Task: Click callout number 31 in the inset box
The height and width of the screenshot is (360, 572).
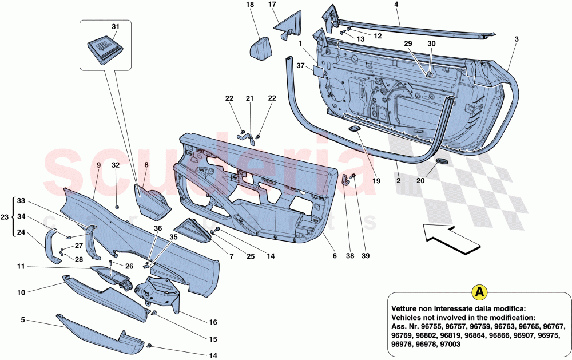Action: tap(116, 26)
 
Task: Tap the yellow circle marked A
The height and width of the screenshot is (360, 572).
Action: tap(479, 292)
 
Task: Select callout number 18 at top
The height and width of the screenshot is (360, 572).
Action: tap(249, 5)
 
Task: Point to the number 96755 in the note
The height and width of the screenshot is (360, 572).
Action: tap(434, 326)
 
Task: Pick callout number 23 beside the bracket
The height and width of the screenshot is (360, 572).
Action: tap(5, 217)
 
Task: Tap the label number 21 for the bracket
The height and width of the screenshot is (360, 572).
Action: tap(249, 99)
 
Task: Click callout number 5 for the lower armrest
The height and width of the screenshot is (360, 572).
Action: tap(22, 321)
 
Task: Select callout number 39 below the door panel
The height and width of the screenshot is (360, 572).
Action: tap(366, 256)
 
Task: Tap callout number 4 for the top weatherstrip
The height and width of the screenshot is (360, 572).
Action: tap(396, 5)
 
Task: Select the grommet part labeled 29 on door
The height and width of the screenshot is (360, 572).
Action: tap(428, 74)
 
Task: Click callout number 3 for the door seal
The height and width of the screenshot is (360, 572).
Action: tap(516, 39)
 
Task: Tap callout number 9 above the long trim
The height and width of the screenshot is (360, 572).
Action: tap(98, 165)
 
